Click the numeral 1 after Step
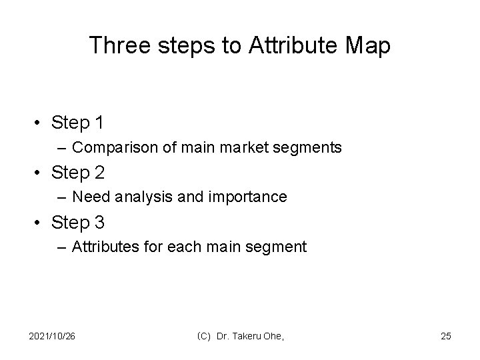coord(99,123)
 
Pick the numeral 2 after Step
coord(100,173)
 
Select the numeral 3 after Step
coord(100,223)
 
